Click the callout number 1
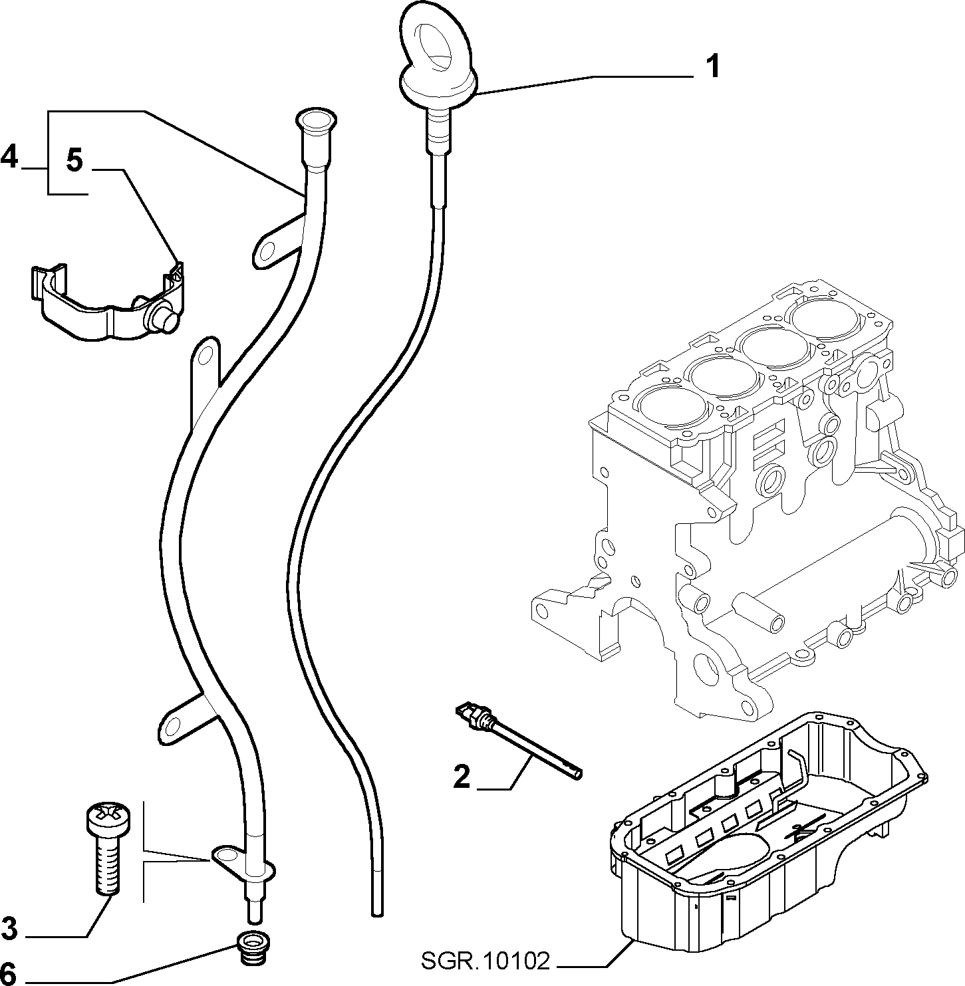click(x=712, y=67)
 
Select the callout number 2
click(x=462, y=777)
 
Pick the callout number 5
click(x=74, y=161)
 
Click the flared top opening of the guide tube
click(x=315, y=120)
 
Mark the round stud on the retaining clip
click(x=161, y=320)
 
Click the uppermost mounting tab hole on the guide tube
click(x=267, y=248)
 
